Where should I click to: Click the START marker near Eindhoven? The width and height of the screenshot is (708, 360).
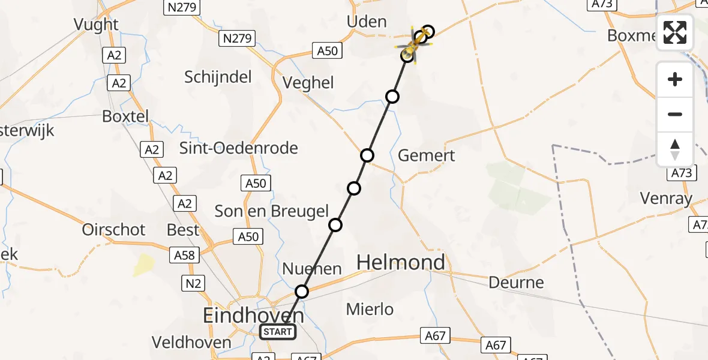[x=278, y=331]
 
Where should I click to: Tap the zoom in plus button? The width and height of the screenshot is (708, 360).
[x=675, y=80]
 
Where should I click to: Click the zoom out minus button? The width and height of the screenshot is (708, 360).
[x=675, y=114]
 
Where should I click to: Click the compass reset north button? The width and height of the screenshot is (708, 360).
[x=675, y=149]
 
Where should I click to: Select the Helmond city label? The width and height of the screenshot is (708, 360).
[x=401, y=262]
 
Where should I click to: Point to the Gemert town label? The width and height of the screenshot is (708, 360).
[x=427, y=155]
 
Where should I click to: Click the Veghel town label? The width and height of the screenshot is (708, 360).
[x=308, y=82]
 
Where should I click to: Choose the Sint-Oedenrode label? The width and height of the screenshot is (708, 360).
[x=239, y=148]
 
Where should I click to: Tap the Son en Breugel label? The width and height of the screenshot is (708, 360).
[x=272, y=211]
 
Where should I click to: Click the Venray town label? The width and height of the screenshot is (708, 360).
[x=666, y=198]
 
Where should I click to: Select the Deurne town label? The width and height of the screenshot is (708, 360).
[x=516, y=282]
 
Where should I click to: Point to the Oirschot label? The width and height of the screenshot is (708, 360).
[x=114, y=229]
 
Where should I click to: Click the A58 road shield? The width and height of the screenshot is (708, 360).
[x=184, y=255]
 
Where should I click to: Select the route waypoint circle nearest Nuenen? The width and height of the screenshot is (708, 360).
[x=302, y=292]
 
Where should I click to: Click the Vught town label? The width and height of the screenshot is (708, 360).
[x=96, y=24]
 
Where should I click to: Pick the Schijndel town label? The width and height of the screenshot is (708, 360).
[x=218, y=77]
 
